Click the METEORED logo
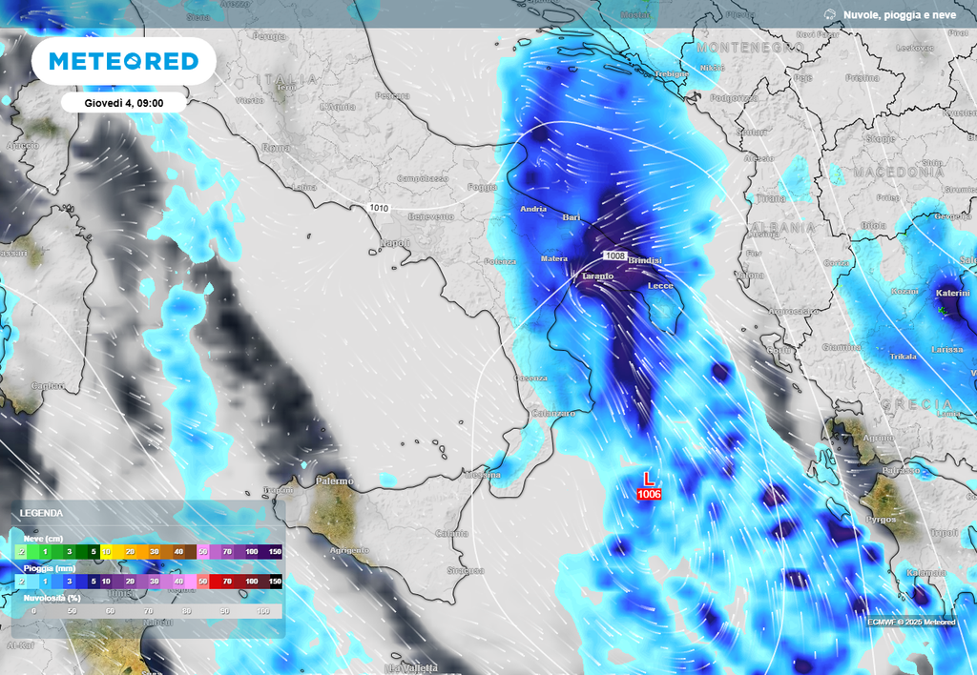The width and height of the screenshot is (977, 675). click(124, 62)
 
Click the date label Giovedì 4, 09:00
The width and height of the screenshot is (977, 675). click(122, 102)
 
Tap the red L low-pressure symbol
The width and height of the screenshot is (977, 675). click(649, 479)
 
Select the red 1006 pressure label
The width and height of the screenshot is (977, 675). click(649, 494)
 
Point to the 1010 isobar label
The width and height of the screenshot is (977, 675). click(378, 207)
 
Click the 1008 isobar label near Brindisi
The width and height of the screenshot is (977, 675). click(614, 256)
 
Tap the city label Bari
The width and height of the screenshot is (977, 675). click(572, 218)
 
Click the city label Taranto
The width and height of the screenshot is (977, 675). click(597, 276)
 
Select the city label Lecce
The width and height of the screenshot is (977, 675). click(660, 285)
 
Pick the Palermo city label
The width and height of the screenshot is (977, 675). click(335, 481)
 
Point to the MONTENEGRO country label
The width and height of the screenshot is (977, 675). click(750, 47)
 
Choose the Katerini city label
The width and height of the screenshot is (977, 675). click(955, 295)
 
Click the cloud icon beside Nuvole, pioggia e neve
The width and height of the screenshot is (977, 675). click(829, 14)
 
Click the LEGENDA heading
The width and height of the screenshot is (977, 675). click(42, 512)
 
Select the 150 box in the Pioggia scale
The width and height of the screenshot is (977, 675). click(275, 581)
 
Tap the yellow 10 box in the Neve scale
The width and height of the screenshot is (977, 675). click(106, 551)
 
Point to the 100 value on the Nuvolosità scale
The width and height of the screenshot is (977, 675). click(263, 610)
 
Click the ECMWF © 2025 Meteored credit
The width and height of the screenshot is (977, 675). click(911, 622)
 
